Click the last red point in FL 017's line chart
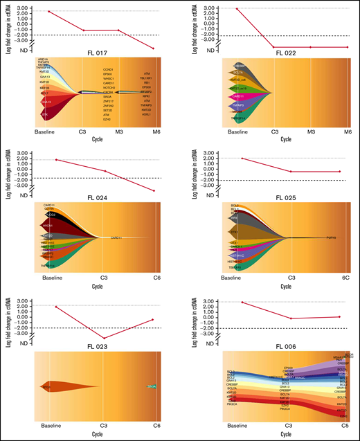tap(152, 48)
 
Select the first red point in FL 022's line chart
tap(237, 9)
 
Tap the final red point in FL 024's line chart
tap(154, 190)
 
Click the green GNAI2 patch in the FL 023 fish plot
tap(152, 386)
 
